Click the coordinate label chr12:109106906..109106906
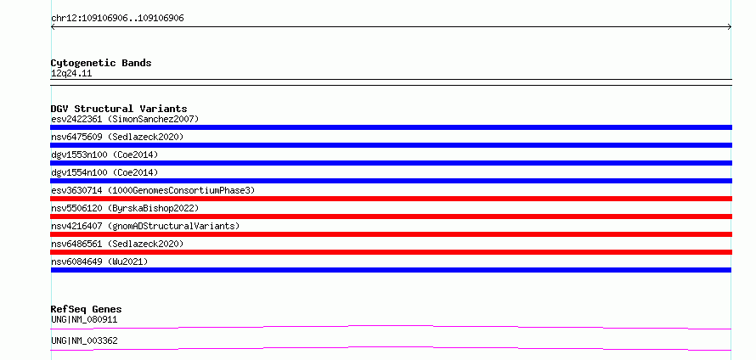point(117,19)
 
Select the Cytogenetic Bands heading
point(101,63)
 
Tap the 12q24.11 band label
point(71,74)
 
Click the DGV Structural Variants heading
point(119,109)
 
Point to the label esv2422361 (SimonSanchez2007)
point(125,119)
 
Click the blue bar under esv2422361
point(391,127)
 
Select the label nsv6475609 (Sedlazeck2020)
point(117,137)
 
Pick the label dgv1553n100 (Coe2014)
point(104,155)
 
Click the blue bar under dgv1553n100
point(391,163)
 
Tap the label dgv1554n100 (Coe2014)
point(104,172)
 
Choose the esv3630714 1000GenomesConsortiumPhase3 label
point(153,190)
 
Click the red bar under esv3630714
point(391,199)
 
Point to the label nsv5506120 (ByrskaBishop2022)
point(125,208)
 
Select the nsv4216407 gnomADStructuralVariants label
point(145,226)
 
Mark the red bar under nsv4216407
point(391,234)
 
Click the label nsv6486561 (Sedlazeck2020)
point(117,244)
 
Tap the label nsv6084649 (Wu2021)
point(99,262)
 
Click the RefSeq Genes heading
point(87,309)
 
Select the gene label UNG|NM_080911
point(84,319)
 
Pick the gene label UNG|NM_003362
point(84,340)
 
